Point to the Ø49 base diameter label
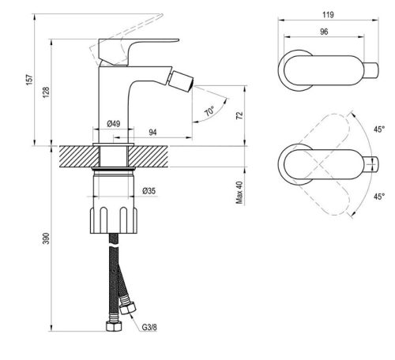pos(114,125)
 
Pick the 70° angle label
pos(209,112)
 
